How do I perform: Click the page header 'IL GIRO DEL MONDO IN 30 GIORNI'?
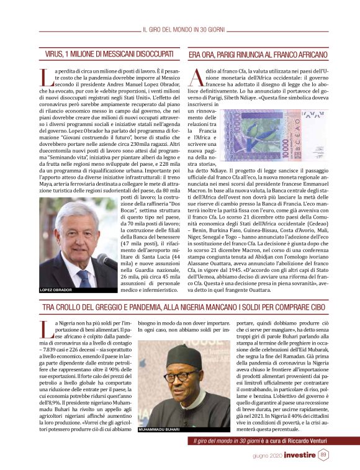186,29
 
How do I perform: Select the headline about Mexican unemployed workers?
104,55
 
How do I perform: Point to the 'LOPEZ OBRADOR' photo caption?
56,289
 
